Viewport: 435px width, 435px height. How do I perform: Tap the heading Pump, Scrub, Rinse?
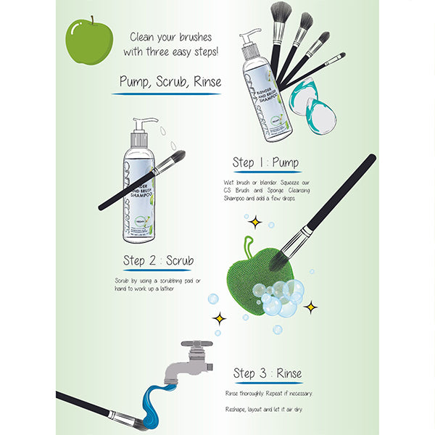(170, 82)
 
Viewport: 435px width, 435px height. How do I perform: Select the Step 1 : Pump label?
(265, 162)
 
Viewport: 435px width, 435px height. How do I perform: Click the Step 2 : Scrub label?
(158, 260)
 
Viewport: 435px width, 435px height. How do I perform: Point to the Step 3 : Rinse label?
(268, 374)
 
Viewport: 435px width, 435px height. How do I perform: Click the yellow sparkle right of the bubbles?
(310, 307)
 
